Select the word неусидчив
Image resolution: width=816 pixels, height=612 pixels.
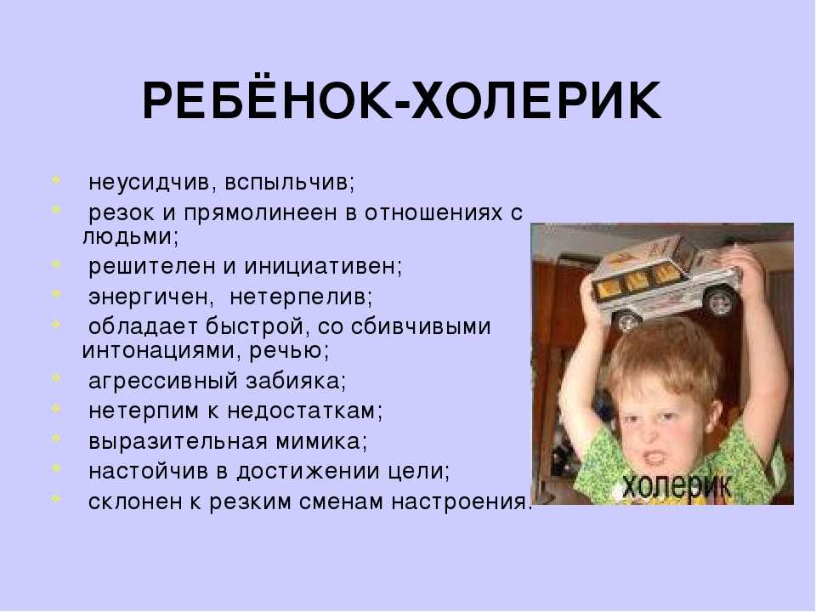point(149,183)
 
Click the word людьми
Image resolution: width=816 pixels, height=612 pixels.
point(127,237)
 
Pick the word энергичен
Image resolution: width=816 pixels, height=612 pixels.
point(148,297)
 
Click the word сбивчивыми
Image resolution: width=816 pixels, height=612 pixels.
point(421,326)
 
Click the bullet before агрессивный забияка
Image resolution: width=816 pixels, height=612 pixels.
point(56,377)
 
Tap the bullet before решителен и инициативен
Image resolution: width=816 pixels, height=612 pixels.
point(56,263)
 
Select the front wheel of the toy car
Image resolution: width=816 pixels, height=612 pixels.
point(627,320)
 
